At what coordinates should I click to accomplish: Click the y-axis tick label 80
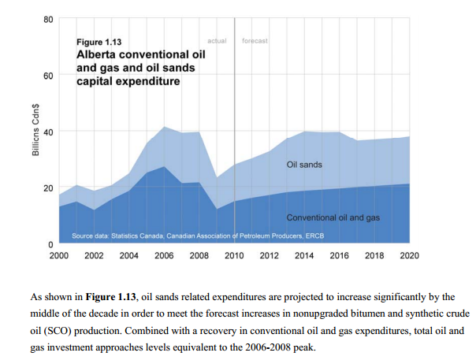48,20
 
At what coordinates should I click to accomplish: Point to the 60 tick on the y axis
48,76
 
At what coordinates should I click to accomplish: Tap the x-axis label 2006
164,255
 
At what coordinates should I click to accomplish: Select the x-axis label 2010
234,255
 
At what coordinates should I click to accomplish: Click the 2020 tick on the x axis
409,255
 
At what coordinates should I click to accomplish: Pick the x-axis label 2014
304,255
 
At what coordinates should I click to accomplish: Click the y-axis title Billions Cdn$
35,130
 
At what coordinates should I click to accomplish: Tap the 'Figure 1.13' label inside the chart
99,42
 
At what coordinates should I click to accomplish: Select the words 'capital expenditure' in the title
128,81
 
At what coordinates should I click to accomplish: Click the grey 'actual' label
217,41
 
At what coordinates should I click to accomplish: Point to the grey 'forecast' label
255,41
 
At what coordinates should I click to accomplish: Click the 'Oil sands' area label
304,165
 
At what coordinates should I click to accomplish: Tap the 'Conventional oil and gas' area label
333,217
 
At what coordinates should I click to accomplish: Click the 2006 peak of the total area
164,127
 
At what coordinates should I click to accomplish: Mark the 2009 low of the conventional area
217,209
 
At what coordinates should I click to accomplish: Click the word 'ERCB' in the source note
314,236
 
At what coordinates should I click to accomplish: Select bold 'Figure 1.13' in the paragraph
111,296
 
